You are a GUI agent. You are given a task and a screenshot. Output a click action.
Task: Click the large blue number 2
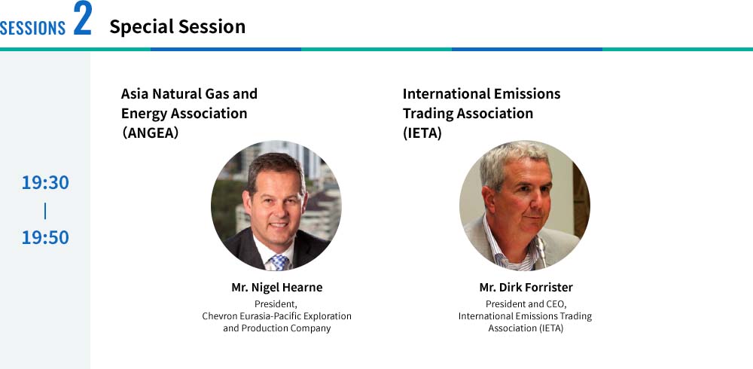point(82,17)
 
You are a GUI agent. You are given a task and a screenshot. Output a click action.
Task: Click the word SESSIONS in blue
point(32,28)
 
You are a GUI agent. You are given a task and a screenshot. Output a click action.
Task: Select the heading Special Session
point(177,27)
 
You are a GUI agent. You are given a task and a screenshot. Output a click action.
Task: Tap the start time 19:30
point(45,182)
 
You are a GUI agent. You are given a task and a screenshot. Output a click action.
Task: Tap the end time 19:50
point(45,237)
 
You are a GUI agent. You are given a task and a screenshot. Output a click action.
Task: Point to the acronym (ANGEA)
point(151,133)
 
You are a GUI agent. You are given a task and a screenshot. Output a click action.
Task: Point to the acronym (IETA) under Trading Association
point(422,133)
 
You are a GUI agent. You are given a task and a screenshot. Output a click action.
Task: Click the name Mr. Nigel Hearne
point(276,288)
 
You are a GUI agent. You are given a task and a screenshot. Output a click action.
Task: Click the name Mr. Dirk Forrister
point(526,288)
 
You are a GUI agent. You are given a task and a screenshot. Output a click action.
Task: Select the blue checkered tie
point(279,262)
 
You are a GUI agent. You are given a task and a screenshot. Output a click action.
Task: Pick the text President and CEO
point(526,304)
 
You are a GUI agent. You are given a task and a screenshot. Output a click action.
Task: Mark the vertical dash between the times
point(45,210)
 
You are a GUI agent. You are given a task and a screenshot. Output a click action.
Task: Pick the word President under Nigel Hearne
point(276,304)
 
